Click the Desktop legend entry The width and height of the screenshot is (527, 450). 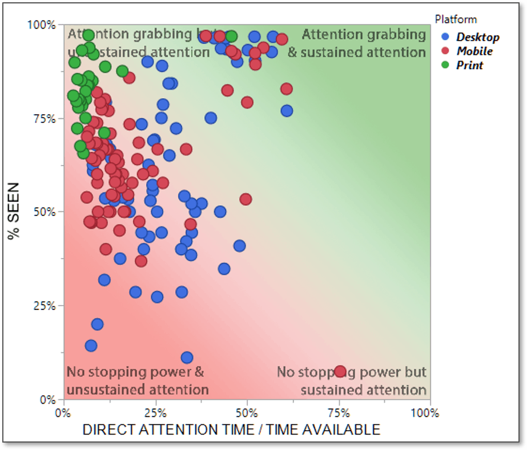coord(477,37)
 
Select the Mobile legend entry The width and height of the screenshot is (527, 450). coord(474,51)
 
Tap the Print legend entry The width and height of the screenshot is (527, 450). coord(469,65)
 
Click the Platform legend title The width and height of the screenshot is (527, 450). coord(456,19)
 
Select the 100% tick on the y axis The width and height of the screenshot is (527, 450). coord(41,25)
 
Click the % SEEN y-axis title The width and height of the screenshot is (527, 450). coord(14,210)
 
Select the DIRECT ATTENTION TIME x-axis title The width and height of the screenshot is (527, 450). coord(231,430)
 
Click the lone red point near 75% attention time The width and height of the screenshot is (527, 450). coord(340,372)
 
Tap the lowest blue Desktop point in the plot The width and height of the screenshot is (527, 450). coord(187,358)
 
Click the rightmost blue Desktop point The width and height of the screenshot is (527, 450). coord(287,111)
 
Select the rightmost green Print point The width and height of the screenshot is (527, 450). coord(231,37)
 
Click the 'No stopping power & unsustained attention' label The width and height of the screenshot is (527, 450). coord(137,381)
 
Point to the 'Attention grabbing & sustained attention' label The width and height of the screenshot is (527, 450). coord(364,43)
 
